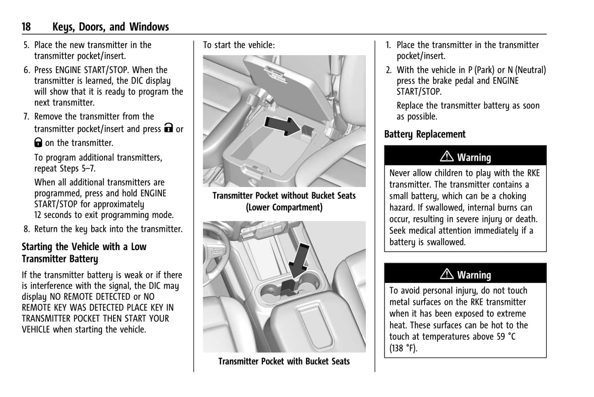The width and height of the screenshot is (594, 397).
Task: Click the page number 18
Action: click(x=26, y=27)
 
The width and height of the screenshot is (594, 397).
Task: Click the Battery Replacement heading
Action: click(x=425, y=135)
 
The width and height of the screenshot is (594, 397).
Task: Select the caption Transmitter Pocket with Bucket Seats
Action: click(x=284, y=362)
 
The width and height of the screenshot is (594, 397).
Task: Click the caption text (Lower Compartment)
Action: click(x=284, y=207)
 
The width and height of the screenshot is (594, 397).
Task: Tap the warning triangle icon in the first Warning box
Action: click(x=447, y=157)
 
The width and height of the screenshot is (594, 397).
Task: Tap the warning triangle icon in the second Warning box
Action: click(x=447, y=274)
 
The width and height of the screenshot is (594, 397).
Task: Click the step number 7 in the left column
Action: click(x=26, y=117)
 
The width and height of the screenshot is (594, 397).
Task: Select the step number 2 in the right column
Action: click(x=388, y=70)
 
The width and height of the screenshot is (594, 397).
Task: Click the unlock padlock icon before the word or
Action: click(x=168, y=128)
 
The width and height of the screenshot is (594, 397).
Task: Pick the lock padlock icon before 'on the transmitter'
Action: click(x=38, y=142)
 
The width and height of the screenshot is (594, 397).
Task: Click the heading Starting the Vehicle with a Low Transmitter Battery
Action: click(x=84, y=253)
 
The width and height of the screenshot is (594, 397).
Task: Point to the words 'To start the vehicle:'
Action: click(x=239, y=45)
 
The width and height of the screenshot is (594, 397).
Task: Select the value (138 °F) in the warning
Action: click(x=403, y=348)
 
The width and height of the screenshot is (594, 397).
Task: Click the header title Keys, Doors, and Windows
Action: click(x=111, y=27)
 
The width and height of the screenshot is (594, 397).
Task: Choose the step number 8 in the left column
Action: click(x=26, y=229)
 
